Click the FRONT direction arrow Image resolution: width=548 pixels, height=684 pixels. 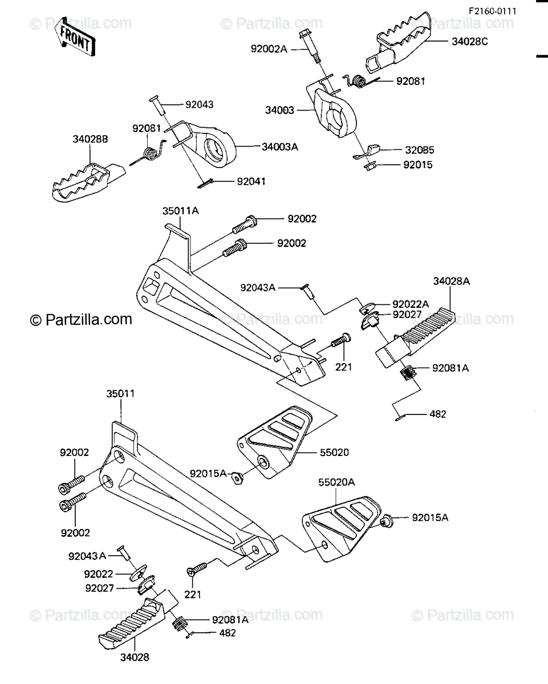(x=75, y=37)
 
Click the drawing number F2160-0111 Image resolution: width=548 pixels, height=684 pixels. (x=493, y=11)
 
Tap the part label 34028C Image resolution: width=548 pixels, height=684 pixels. (x=470, y=42)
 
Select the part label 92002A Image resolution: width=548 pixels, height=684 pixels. (x=269, y=49)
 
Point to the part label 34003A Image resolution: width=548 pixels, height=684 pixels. (x=280, y=147)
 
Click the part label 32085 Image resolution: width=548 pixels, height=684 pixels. (x=420, y=150)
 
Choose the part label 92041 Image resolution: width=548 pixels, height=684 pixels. (x=251, y=181)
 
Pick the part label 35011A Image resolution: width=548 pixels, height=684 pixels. (x=181, y=211)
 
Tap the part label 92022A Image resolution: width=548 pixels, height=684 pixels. (x=411, y=304)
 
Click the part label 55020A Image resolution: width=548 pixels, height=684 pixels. (x=336, y=482)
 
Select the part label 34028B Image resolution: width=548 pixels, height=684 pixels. (x=90, y=139)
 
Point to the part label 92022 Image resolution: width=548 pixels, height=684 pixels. (x=99, y=574)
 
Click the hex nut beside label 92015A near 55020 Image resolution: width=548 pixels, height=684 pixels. (x=237, y=478)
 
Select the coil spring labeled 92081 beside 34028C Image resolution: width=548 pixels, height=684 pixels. (x=359, y=81)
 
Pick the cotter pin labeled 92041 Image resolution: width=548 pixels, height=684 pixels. (x=205, y=184)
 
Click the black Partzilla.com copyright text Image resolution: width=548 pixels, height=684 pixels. (x=81, y=319)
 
